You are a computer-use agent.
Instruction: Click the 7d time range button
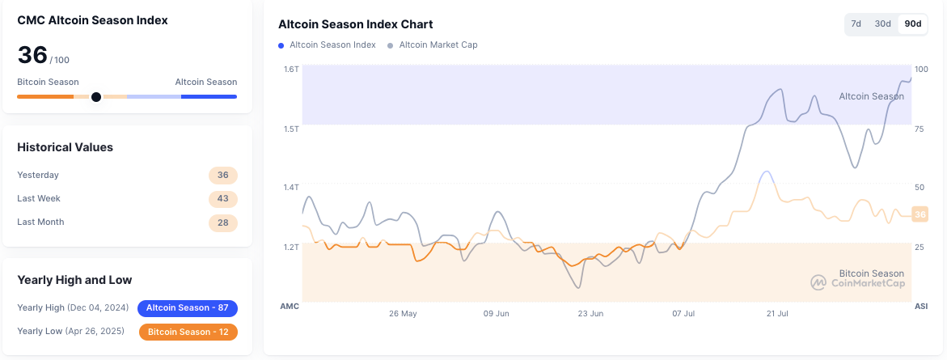click(x=856, y=24)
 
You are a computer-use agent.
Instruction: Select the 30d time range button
click(x=882, y=24)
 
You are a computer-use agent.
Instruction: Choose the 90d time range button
click(x=913, y=24)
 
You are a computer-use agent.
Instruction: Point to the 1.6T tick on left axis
click(x=291, y=70)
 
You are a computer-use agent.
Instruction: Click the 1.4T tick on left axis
click(x=291, y=188)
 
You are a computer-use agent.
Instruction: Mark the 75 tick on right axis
click(x=919, y=129)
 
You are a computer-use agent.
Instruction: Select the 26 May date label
click(x=403, y=313)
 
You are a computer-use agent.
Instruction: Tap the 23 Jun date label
click(x=591, y=313)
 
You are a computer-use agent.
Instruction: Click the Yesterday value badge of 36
click(x=223, y=175)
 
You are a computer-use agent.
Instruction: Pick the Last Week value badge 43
click(x=223, y=198)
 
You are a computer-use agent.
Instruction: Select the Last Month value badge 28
click(x=223, y=222)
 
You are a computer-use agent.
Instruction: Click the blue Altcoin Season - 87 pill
click(x=188, y=308)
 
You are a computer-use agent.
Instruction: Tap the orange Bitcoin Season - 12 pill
click(x=188, y=332)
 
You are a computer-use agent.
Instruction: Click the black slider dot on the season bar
click(x=96, y=97)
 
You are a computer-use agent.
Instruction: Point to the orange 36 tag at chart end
click(x=919, y=214)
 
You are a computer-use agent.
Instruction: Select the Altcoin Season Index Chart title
click(x=355, y=24)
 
